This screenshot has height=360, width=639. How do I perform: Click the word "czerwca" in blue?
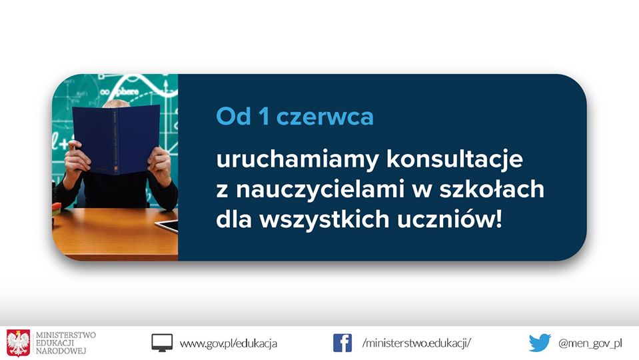click(x=324, y=117)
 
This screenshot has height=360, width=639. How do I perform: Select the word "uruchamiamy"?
click(x=297, y=160)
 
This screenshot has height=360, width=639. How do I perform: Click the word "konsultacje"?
click(x=454, y=159)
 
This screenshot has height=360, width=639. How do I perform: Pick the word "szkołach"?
click(x=492, y=189)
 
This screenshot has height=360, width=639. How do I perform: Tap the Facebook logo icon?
click(x=342, y=343)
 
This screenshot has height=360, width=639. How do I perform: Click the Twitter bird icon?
click(x=540, y=343)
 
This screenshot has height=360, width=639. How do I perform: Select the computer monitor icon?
click(x=162, y=343)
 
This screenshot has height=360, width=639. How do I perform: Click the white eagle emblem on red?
click(x=19, y=343)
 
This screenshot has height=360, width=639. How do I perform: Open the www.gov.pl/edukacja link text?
click(x=228, y=343)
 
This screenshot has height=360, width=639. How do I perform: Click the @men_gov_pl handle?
click(x=590, y=343)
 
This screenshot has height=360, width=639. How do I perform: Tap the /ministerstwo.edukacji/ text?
click(x=416, y=343)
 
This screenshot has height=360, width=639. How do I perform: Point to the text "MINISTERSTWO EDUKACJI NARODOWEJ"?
click(x=65, y=343)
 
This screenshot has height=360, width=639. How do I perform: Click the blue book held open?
click(x=116, y=139)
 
